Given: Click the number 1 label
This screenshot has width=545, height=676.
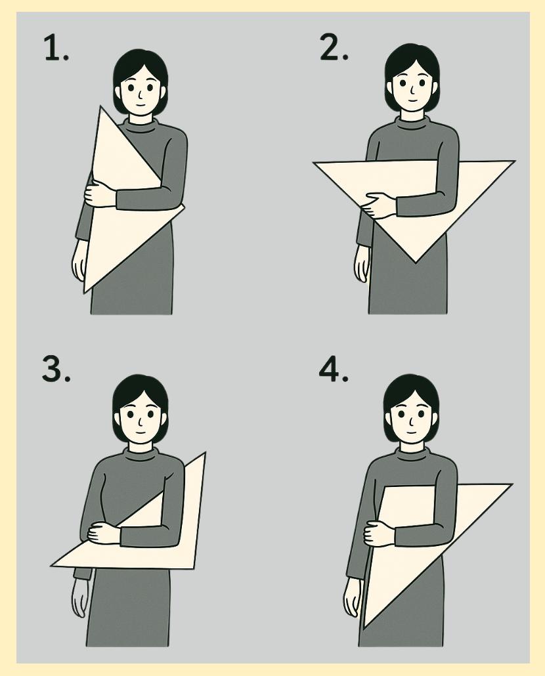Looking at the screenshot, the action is pos(56,48).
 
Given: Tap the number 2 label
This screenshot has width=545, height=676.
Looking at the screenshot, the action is pos(334,47).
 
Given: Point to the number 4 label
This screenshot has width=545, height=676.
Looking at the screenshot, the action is pos(334,369).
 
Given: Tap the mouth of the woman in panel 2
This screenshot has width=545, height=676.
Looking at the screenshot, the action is pos(412,101).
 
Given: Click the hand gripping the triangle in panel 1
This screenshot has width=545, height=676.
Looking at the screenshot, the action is pos(100,194).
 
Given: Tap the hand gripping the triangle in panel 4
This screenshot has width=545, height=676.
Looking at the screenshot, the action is pos(380,534).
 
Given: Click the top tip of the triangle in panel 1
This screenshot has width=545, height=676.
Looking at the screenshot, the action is pos(101,106).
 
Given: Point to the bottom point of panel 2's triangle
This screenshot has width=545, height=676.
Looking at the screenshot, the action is pos(415,262).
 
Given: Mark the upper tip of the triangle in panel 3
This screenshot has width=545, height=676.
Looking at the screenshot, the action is pos(205,453).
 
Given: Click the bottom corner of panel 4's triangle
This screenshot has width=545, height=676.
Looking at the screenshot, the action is pos(364,627).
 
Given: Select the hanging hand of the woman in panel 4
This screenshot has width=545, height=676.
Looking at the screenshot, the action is pos(352,597).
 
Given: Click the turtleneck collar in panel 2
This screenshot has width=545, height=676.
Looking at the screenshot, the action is pos(412,122).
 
